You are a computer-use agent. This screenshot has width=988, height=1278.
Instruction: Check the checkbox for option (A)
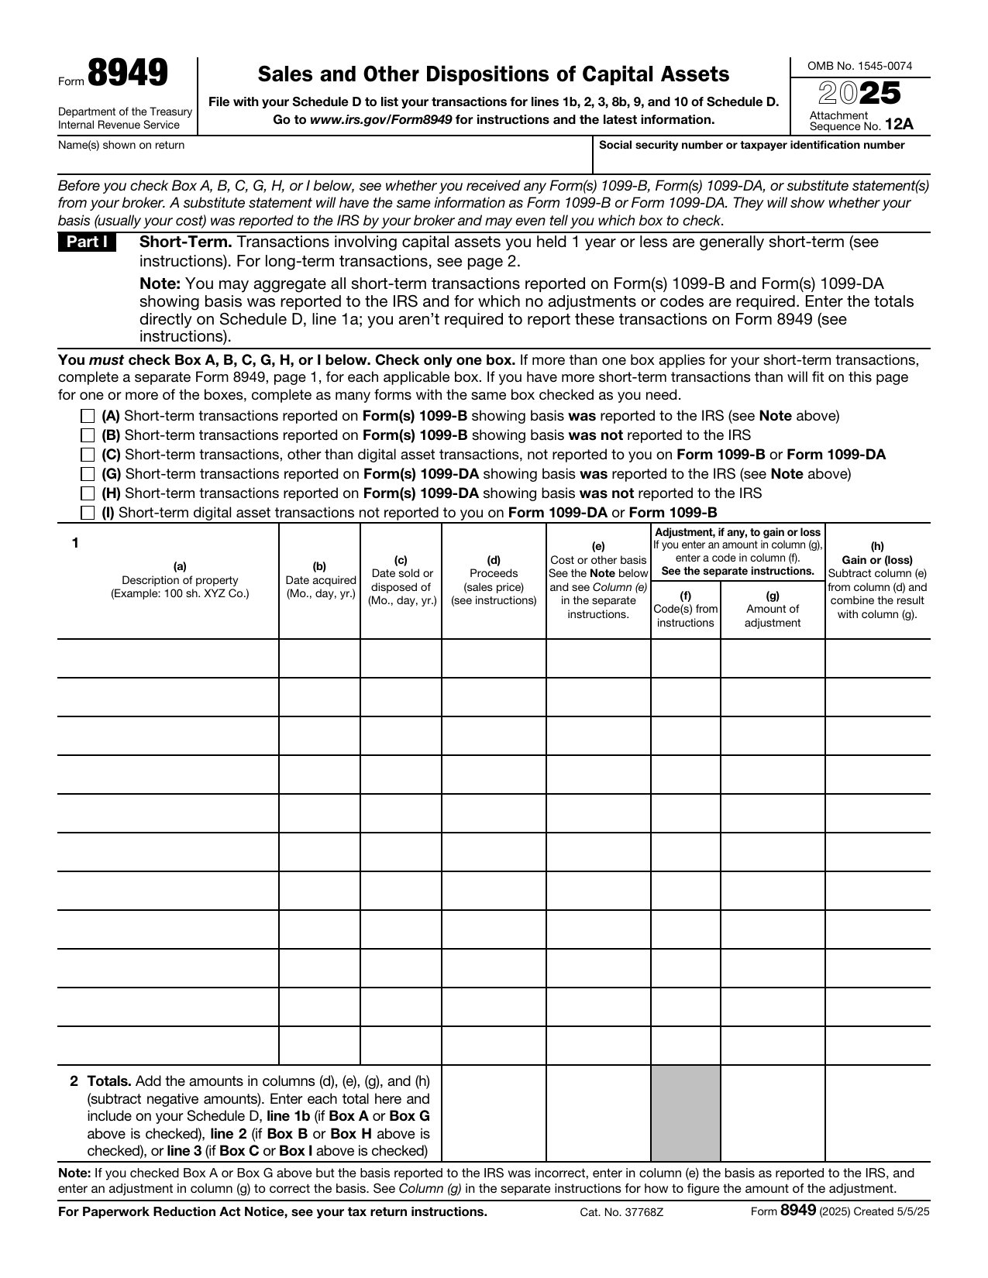coord(88,416)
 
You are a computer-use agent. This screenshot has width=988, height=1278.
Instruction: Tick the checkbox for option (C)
coord(88,455)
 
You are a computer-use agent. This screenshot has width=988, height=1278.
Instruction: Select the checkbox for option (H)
coord(88,493)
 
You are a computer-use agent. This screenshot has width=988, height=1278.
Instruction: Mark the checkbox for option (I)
coord(88,513)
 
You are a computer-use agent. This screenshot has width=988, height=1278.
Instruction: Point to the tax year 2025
coord(859,94)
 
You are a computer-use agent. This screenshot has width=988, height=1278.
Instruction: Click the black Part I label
coord(87,242)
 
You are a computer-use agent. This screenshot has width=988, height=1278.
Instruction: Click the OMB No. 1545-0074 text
coord(859,66)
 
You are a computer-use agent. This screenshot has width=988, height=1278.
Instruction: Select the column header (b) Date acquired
coord(319,580)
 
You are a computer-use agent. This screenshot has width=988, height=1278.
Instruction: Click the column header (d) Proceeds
coord(494,580)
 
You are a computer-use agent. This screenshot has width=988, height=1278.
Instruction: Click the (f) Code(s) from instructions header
coord(685,609)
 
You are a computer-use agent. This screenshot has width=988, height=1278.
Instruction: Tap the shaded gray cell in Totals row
coord(685,1112)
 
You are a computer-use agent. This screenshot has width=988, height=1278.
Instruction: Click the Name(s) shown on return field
coord(310,160)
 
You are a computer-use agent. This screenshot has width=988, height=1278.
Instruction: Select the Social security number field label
coord(752,145)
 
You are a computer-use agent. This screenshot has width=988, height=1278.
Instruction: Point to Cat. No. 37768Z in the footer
coord(621,1212)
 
